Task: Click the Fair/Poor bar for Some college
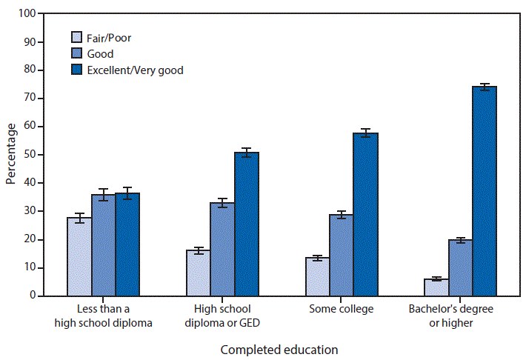318,276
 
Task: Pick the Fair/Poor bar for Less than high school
79,256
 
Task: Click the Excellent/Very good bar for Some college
365,214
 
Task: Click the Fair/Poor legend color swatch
76,37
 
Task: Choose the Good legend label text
101,53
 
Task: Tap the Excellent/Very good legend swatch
76,70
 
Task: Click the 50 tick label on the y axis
28,155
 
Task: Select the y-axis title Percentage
10,154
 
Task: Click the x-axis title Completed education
279,349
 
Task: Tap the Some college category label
342,308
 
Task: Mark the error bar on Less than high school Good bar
103,195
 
